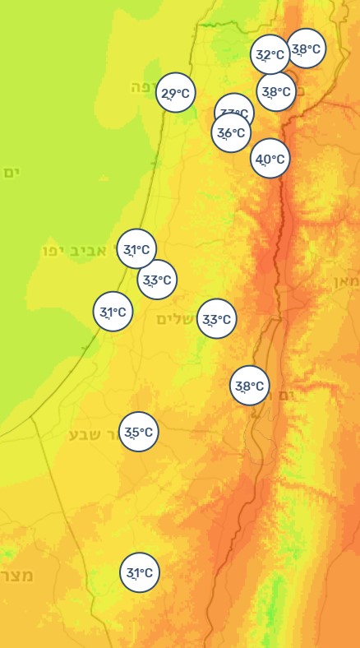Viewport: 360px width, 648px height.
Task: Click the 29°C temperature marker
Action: [175, 94]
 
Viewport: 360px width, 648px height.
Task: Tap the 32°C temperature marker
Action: [270, 55]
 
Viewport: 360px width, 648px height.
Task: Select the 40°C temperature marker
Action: [270, 159]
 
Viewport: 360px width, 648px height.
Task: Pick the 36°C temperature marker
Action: [231, 132]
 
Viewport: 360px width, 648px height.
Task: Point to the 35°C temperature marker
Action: [138, 432]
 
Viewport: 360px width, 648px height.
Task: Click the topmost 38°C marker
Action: [306, 49]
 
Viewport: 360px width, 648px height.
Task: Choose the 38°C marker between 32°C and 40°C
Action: [275, 92]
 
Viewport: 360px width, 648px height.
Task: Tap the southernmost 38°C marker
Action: [249, 386]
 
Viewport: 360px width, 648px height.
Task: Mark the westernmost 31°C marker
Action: [113, 312]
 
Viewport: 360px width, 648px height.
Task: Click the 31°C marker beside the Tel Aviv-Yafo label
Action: [136, 249]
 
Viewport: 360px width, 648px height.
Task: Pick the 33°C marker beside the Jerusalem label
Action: [217, 319]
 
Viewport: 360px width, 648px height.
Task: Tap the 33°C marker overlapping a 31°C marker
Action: [156, 280]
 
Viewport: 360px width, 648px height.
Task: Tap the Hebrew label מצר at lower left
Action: [16, 574]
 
